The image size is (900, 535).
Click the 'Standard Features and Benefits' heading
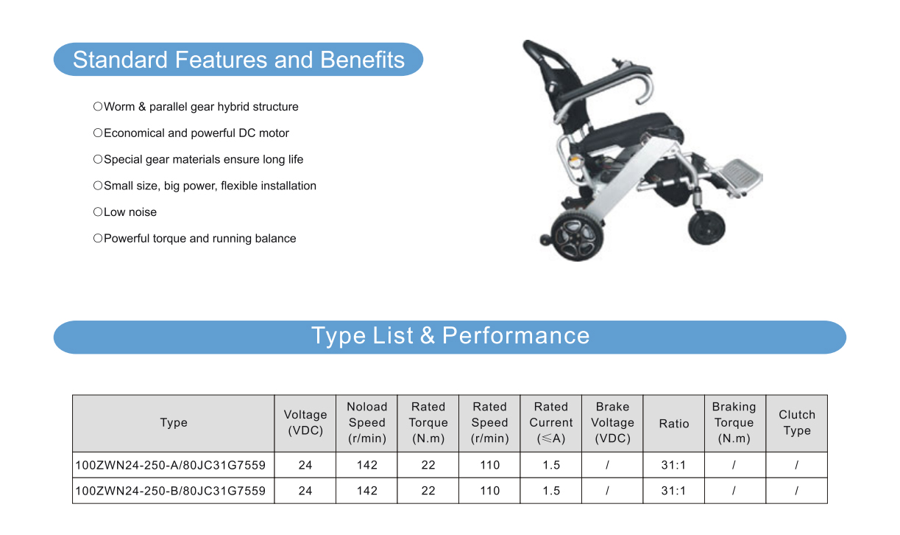[x=238, y=60]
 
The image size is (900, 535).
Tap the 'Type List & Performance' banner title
[x=450, y=335]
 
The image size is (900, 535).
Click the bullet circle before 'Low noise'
[x=98, y=212]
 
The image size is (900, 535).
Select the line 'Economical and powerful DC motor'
[x=196, y=133]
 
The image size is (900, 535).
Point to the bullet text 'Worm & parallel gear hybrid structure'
[x=201, y=107]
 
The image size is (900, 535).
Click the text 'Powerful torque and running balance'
[x=199, y=239]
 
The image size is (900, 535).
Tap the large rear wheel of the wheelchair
[x=577, y=235]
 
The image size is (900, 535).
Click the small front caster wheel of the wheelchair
[x=706, y=227]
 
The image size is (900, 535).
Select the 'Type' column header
[x=174, y=422]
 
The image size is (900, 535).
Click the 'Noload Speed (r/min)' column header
[x=366, y=422]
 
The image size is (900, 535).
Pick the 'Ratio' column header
[x=674, y=424]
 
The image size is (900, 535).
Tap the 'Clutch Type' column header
[x=797, y=422]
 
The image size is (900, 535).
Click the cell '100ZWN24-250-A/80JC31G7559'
[x=170, y=465]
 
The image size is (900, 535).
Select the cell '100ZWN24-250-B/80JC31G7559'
[x=170, y=491]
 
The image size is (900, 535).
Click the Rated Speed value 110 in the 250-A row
[x=490, y=465]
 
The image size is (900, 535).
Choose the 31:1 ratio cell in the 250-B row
[x=673, y=491]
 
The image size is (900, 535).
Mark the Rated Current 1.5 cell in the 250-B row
[x=551, y=491]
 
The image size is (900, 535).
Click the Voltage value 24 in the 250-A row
[x=305, y=465]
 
